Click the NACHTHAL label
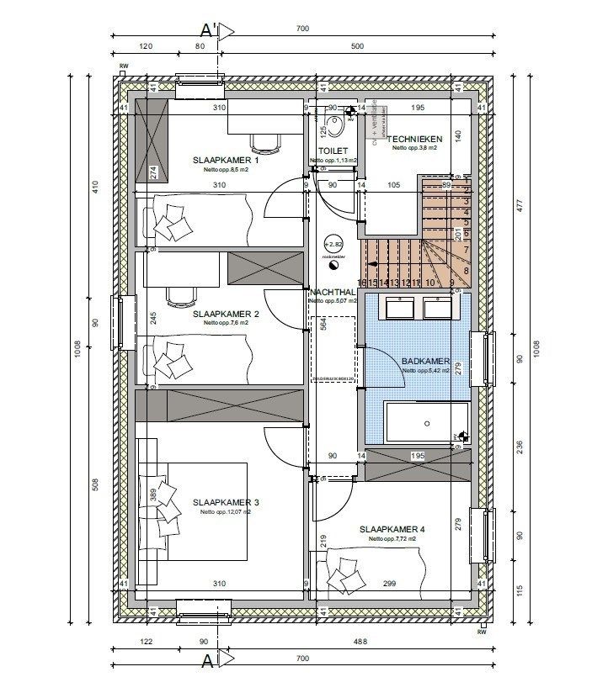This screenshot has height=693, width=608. [x=332, y=291]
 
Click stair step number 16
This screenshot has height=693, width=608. [x=362, y=283]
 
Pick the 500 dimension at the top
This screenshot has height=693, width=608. [x=357, y=46]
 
